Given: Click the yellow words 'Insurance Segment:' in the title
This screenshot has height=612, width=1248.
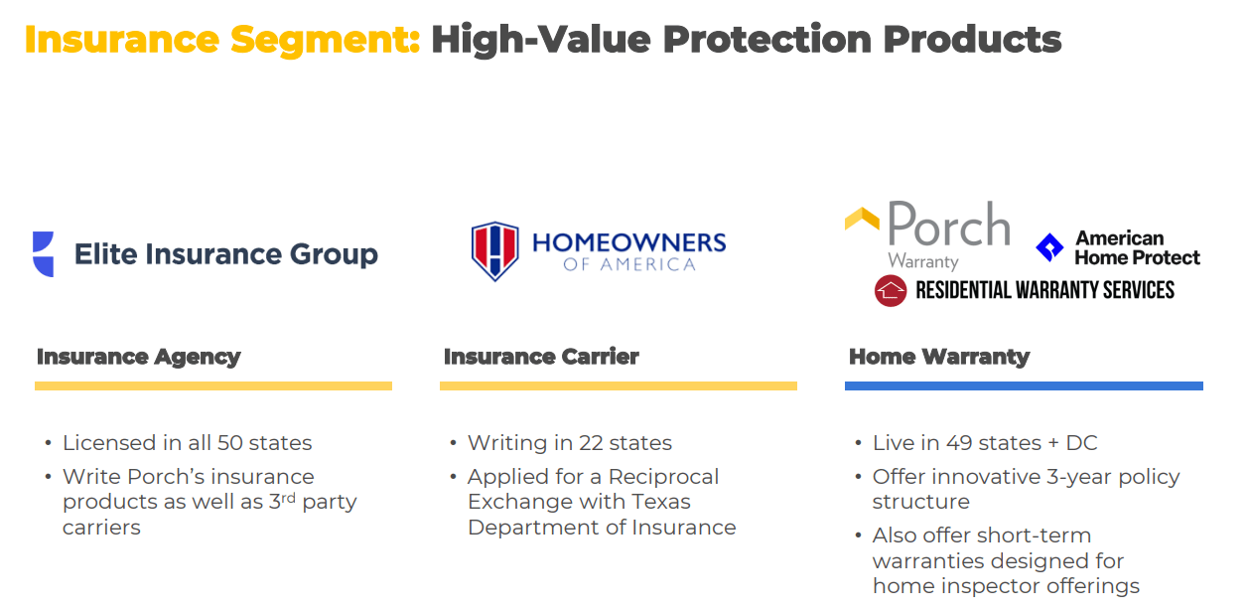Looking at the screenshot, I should click(x=222, y=40).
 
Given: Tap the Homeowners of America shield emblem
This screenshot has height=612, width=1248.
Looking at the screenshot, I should click(x=494, y=251).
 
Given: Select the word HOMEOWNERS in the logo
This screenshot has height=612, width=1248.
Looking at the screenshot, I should click(x=629, y=242).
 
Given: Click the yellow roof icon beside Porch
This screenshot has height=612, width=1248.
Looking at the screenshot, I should click(x=862, y=220).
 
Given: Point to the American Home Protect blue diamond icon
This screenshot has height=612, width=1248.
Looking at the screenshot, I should click(x=1049, y=247).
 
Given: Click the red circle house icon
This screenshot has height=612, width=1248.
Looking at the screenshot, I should click(x=891, y=290).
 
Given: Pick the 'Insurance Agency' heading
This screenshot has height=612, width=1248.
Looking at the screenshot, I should click(x=139, y=357).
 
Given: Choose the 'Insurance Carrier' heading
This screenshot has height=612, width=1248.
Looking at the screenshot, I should click(x=541, y=357).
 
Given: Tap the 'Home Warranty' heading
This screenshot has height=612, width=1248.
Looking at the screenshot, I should click(x=939, y=357).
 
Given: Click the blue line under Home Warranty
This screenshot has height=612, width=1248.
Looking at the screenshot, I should click(x=1024, y=385).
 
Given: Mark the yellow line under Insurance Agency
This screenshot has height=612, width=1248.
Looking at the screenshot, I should click(x=213, y=385).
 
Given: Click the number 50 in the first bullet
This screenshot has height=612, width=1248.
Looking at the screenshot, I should click(x=229, y=443).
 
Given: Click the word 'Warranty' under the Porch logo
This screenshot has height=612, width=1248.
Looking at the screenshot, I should click(x=923, y=262).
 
